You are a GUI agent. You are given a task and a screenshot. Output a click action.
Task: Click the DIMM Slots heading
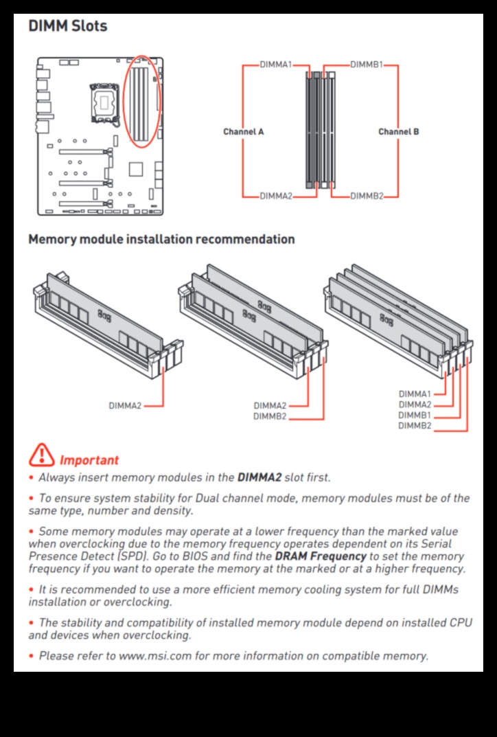tap(67, 27)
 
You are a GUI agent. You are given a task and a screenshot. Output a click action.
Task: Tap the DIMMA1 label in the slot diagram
tap(276, 65)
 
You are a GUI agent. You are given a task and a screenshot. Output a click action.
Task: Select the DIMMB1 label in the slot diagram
tap(367, 65)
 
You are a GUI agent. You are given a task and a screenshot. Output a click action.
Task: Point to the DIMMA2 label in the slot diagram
tap(276, 196)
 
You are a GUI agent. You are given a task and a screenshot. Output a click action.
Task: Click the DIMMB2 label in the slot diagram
tap(367, 196)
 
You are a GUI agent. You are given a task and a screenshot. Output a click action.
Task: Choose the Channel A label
tap(243, 131)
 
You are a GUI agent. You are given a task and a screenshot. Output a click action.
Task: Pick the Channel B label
tap(399, 131)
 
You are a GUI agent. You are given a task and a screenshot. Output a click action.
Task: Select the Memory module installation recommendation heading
tap(161, 240)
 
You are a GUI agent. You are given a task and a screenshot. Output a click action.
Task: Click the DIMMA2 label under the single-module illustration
tap(125, 406)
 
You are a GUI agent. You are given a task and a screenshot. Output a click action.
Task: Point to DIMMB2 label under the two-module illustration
tap(270, 416)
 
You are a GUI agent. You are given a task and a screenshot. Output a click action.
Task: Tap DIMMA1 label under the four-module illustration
tap(415, 394)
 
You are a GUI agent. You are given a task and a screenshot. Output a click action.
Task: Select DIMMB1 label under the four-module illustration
tap(415, 415)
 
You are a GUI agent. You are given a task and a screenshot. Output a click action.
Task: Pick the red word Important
tap(89, 460)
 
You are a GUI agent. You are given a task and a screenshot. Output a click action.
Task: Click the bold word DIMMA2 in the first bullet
tap(259, 477)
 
